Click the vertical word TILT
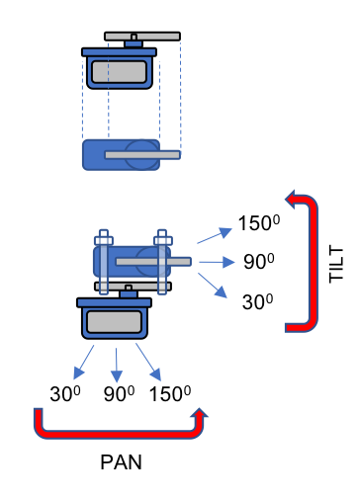[333, 263]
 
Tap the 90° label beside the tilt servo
[258, 262]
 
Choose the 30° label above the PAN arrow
[64, 393]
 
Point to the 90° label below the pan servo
[119, 393]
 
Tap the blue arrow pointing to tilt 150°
[210, 234]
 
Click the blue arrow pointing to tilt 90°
[213, 262]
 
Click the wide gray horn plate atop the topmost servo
[130, 36]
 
